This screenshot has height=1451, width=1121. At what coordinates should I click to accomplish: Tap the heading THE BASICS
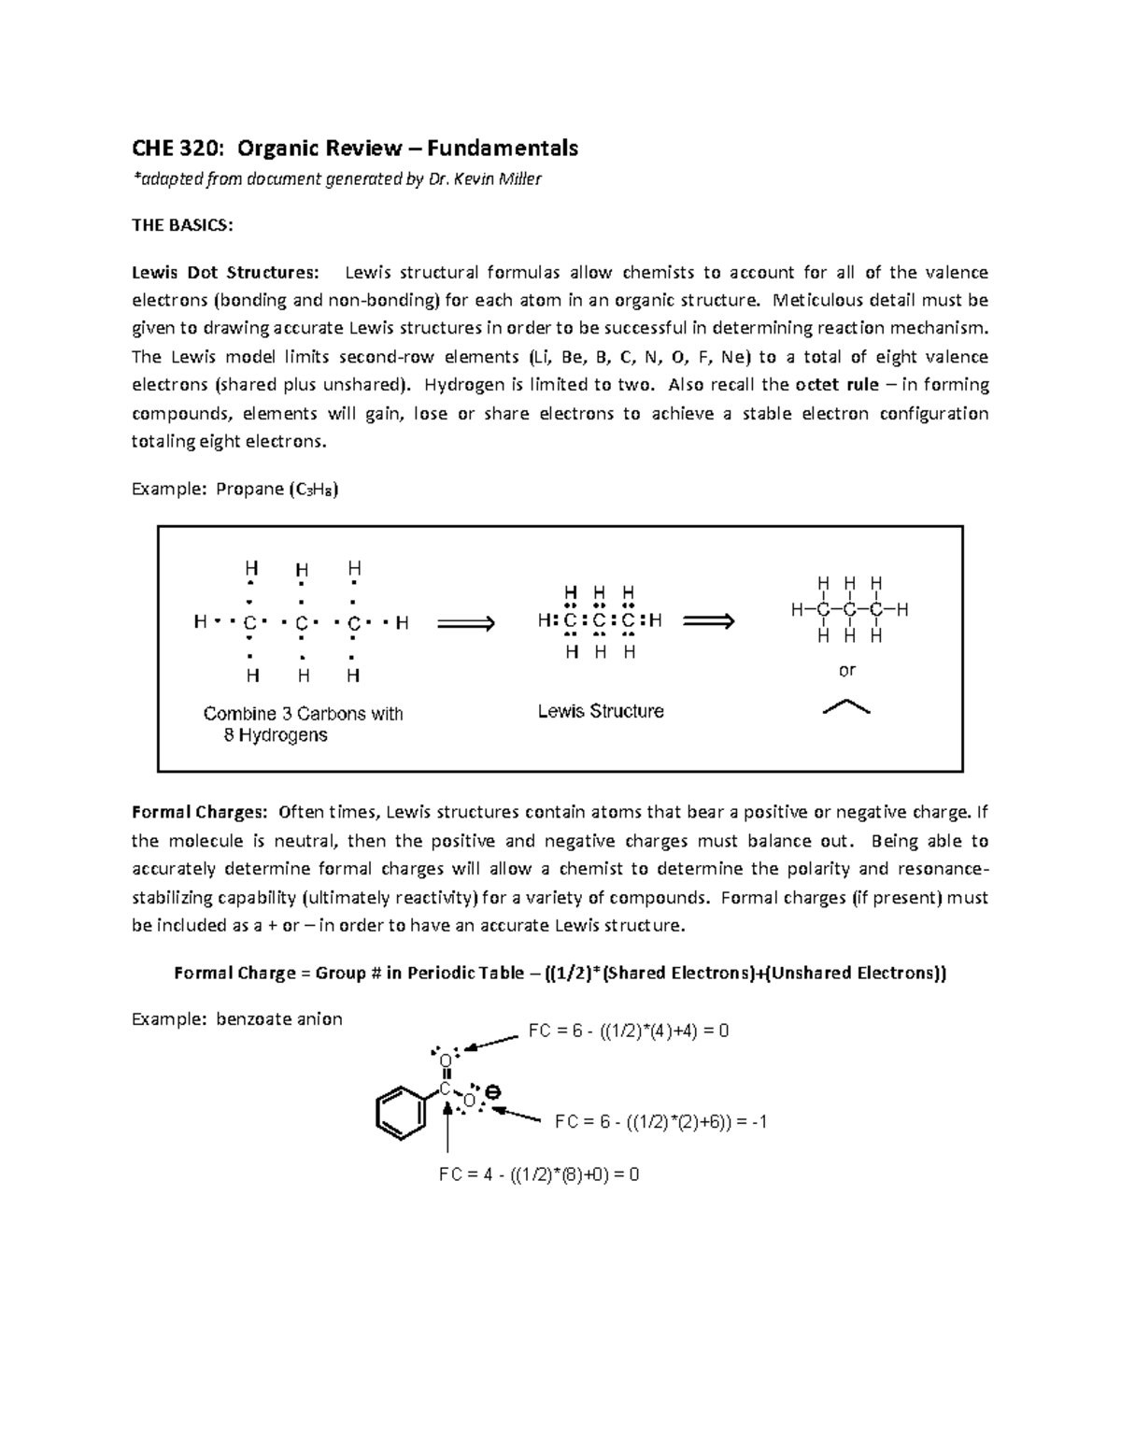pos(182,226)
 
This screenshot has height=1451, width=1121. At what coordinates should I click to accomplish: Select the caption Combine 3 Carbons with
pos(303,714)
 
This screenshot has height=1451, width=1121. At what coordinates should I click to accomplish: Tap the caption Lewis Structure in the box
pos(601,711)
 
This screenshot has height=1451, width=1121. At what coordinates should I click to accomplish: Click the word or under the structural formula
pos(847,670)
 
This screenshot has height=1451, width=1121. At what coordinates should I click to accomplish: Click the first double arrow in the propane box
pos(466,623)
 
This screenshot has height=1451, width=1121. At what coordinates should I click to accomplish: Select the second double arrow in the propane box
pos(709,621)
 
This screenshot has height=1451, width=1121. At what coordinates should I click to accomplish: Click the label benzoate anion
pos(278,1019)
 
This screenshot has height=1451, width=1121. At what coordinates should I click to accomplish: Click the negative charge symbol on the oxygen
pos(492,1091)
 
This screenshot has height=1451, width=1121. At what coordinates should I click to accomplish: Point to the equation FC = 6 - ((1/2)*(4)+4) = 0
pos(628,1031)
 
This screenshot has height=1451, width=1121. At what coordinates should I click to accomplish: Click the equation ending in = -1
pos(660,1121)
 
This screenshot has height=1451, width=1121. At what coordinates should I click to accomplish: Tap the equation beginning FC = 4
pos(539,1174)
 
